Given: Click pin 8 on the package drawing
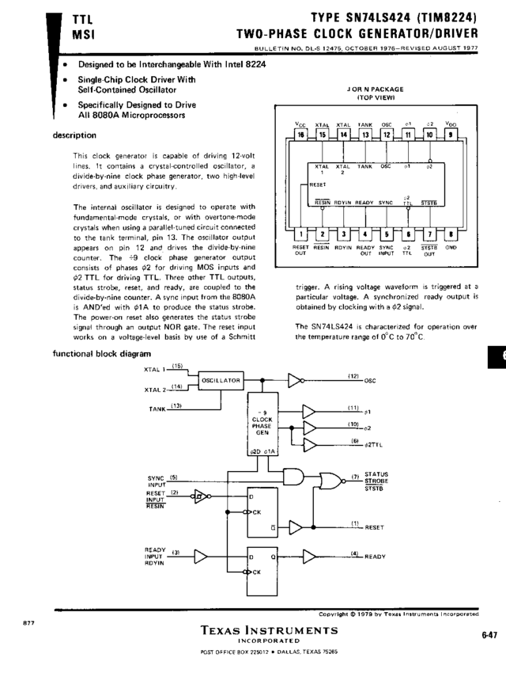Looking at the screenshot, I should click(x=451, y=234).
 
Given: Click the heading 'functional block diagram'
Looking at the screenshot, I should click(x=101, y=353).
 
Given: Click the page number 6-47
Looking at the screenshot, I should click(x=488, y=633).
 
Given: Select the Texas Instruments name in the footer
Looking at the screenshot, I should click(x=270, y=631).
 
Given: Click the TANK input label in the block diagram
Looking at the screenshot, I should click(x=156, y=409).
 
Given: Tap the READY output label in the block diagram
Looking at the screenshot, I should click(x=375, y=557).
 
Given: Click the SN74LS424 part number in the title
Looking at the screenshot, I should click(x=357, y=17).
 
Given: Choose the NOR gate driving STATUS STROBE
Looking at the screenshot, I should click(x=324, y=479).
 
